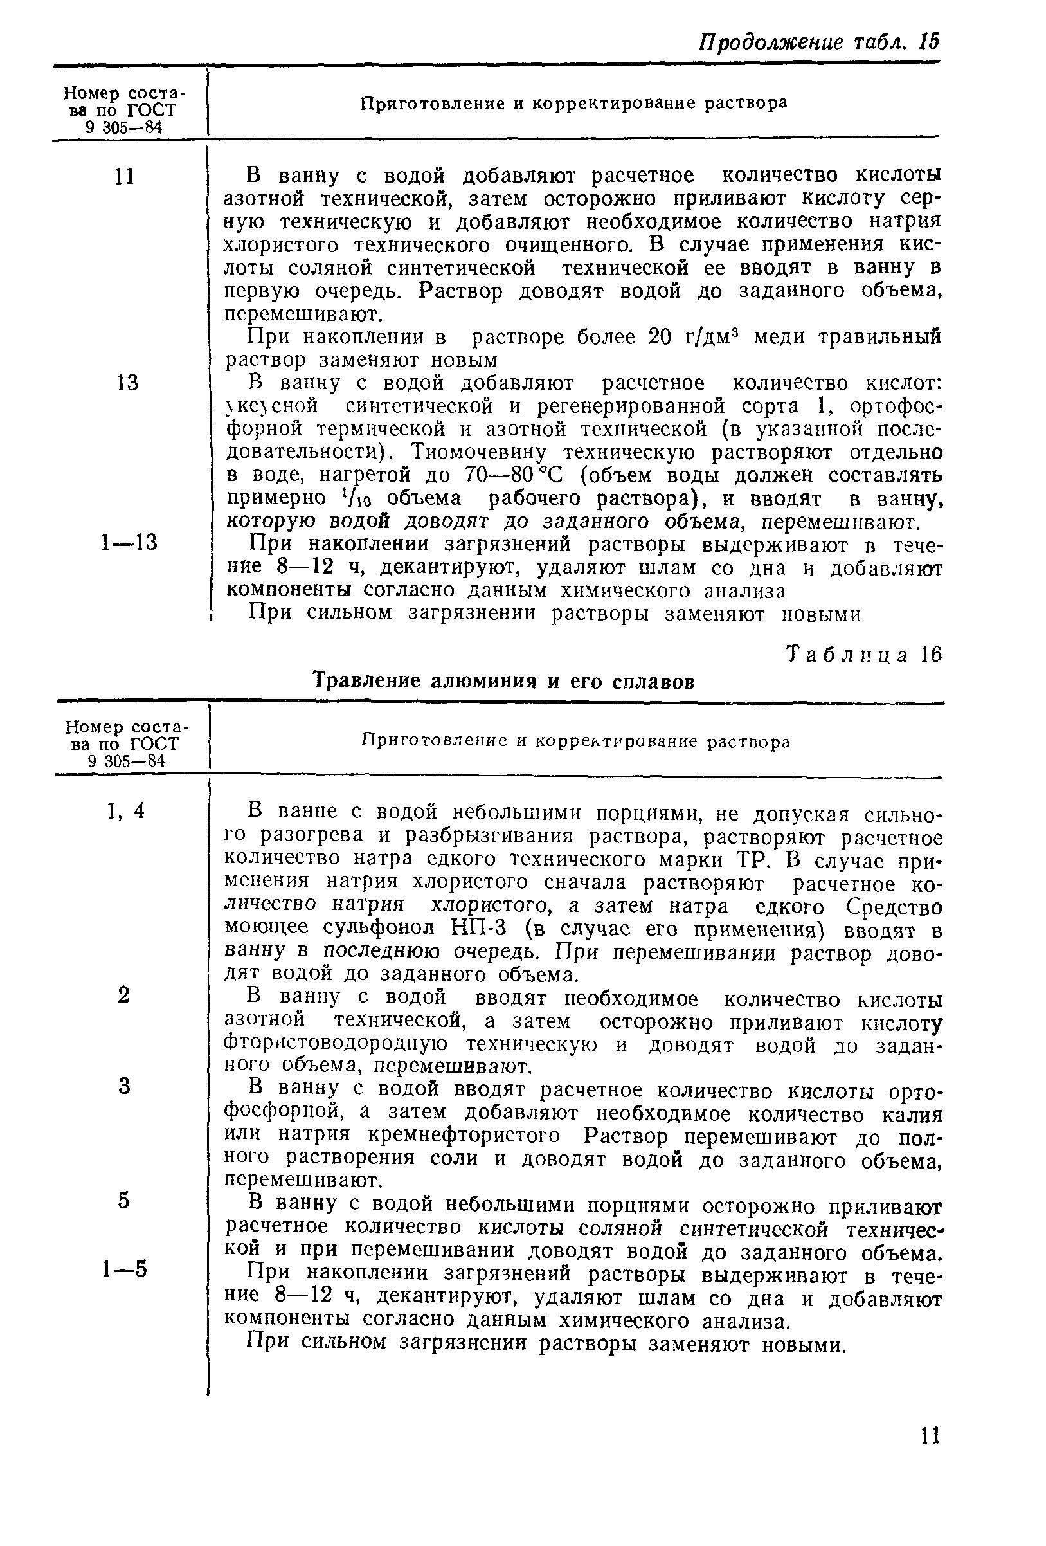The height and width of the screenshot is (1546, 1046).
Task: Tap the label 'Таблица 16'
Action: coord(864,655)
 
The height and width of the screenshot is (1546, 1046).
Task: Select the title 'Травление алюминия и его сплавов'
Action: coord(504,682)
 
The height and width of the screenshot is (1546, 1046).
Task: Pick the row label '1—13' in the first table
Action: coord(129,543)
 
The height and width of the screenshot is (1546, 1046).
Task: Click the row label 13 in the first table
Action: coord(127,383)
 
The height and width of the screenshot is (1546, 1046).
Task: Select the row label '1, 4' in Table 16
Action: coord(125,811)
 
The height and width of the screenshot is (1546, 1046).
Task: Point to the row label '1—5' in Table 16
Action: coord(124,1269)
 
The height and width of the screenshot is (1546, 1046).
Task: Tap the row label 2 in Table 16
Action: coord(123,995)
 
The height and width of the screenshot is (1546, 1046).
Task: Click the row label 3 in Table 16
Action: coord(123,1086)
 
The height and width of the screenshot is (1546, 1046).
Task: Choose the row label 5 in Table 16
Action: coord(123,1200)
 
